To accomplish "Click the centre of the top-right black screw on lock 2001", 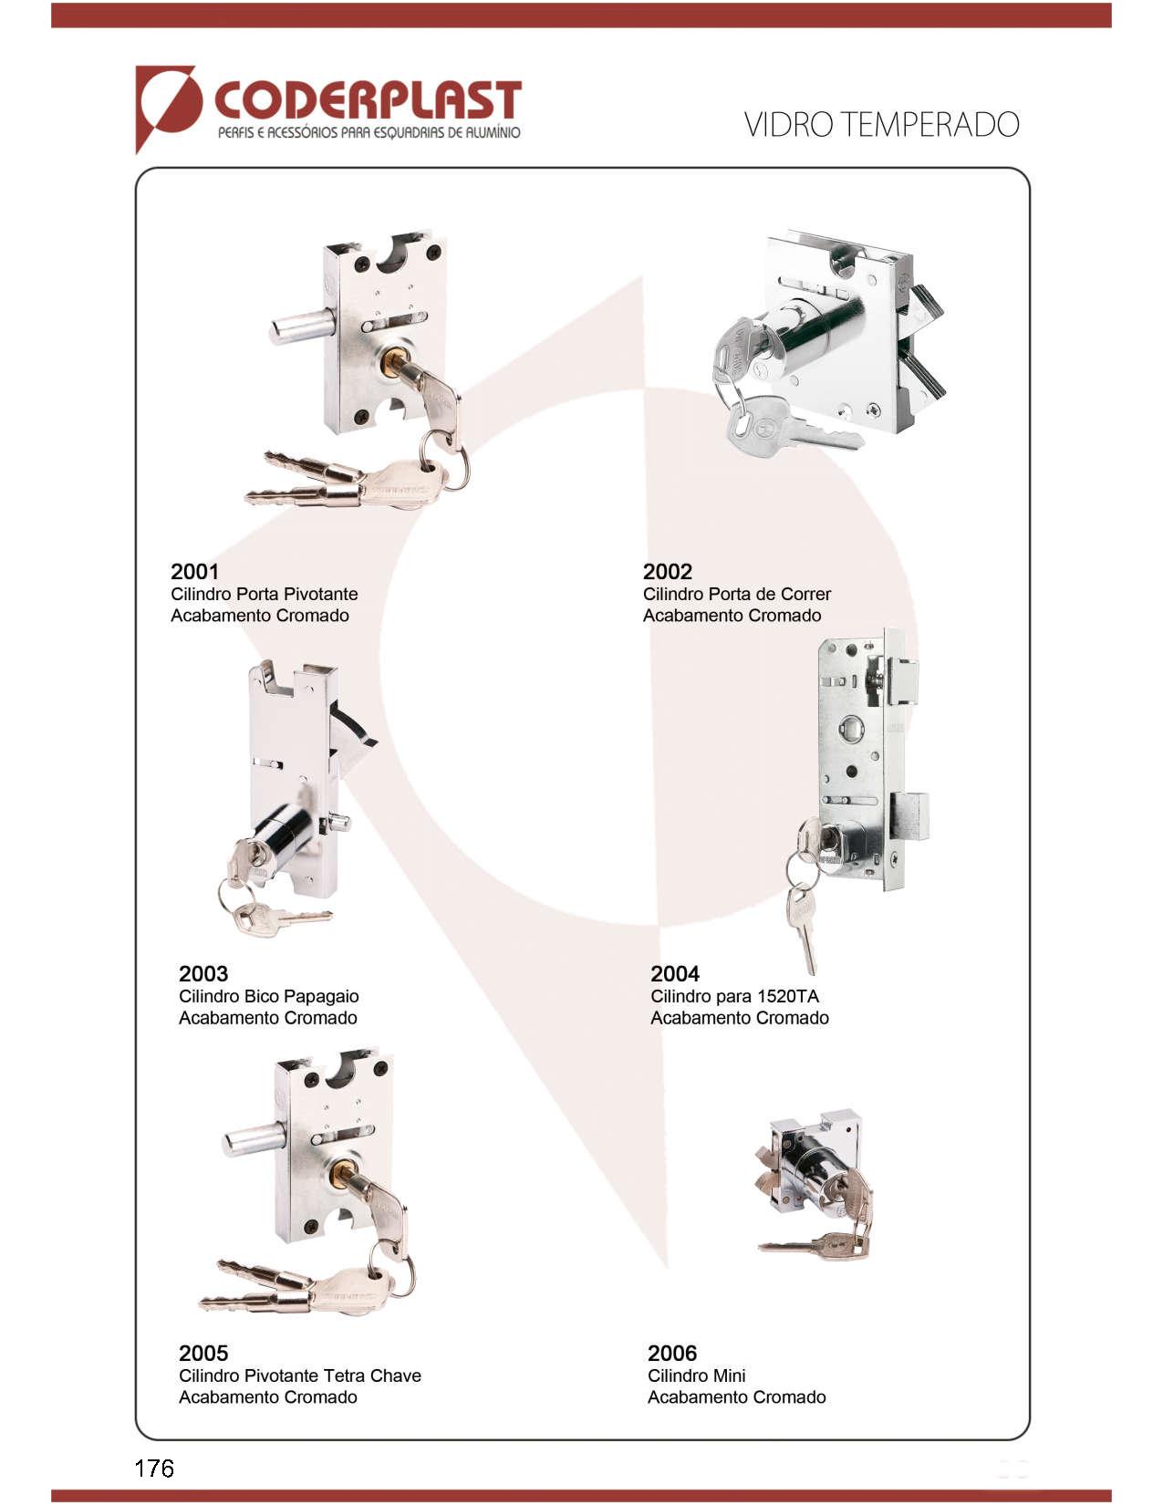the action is (x=434, y=251).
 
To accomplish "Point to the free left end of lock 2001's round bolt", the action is (x=272, y=329).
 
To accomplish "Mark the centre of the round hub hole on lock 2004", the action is (x=849, y=727).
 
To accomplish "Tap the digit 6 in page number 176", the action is (x=166, y=1468).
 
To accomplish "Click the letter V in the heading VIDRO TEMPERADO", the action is (x=753, y=125).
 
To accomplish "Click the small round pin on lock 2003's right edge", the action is (x=339, y=822).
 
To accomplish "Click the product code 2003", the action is (x=202, y=973).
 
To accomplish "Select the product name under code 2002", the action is (x=736, y=594).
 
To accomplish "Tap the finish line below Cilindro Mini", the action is (x=736, y=1397).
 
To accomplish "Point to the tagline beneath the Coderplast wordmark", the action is (x=369, y=132).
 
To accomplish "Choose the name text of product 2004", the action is (x=734, y=996).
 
